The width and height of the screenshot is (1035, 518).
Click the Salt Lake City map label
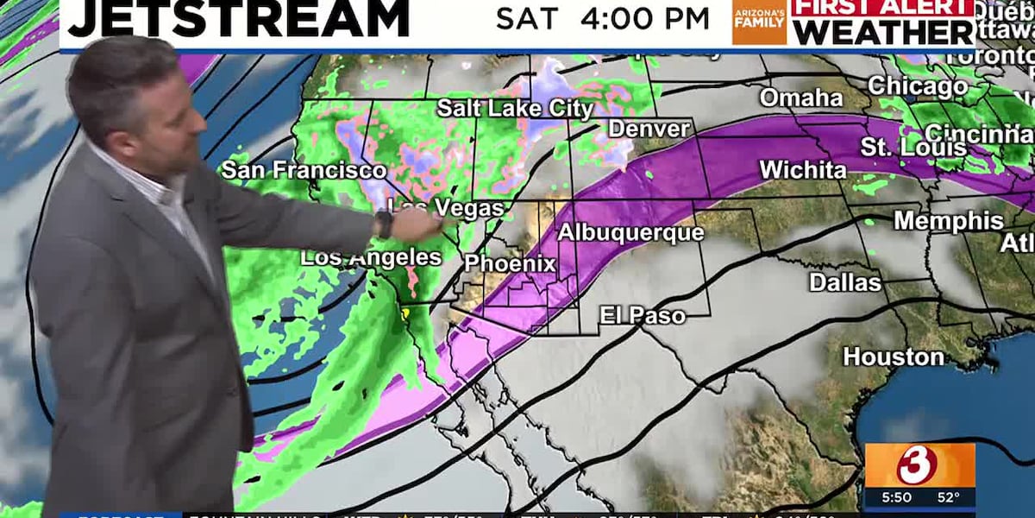[515, 109]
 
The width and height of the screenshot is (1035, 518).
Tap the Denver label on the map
[649, 129]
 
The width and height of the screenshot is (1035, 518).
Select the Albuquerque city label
[630, 233]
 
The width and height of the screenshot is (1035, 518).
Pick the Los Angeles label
[371, 257]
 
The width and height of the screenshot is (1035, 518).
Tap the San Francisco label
[303, 170]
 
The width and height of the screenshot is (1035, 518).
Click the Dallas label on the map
[844, 282]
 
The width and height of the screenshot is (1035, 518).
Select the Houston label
[893, 356]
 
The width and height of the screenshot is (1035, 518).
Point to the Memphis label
[948, 220]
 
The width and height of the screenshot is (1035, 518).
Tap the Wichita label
[802, 170]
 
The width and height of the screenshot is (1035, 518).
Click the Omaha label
[800, 98]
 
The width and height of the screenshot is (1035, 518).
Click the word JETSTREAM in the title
[238, 19]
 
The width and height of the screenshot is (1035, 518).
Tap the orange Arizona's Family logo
[759, 22]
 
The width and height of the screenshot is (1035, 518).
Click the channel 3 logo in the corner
[919, 465]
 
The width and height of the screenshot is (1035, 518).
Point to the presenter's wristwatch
[384, 224]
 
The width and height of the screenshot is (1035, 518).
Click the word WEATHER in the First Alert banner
[884, 32]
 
